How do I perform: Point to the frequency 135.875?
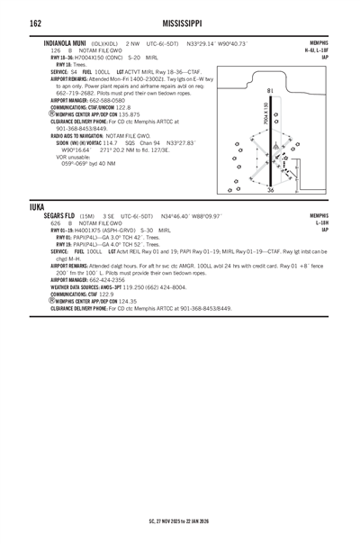point(123,114)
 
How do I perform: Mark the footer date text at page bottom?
point(179,521)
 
